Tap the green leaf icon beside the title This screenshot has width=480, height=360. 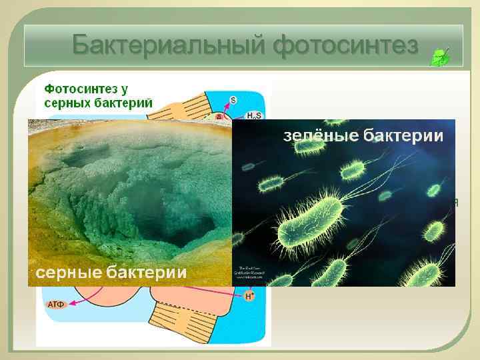[440, 57]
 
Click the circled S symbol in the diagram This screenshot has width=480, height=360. [233, 100]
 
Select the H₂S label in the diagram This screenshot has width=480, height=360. [254, 115]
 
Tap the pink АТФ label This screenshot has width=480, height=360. [56, 305]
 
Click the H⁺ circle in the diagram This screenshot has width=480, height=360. [249, 295]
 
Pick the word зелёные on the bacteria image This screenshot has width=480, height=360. [322, 137]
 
